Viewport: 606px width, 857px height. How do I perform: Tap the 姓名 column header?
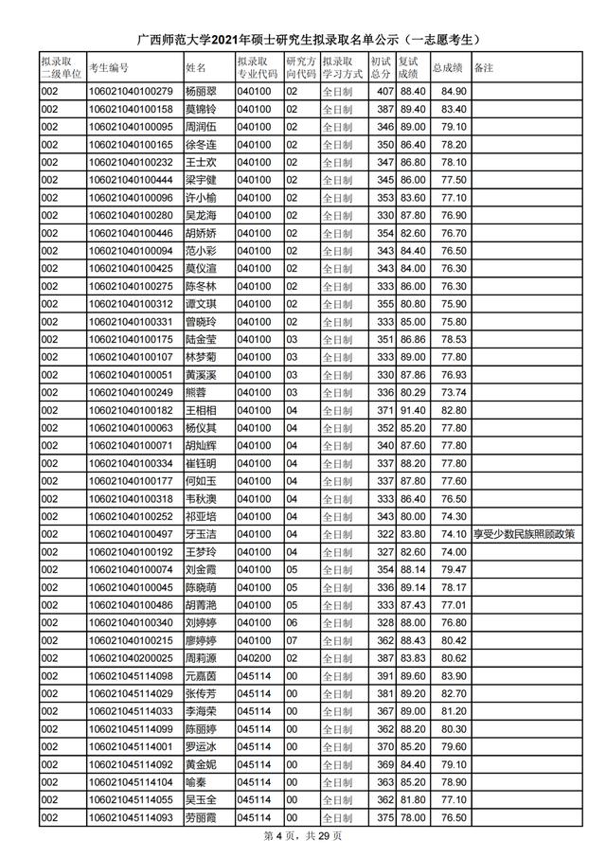point(196,68)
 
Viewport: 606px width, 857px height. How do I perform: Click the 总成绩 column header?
point(446,68)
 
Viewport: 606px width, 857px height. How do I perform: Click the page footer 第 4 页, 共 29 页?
point(302,838)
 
